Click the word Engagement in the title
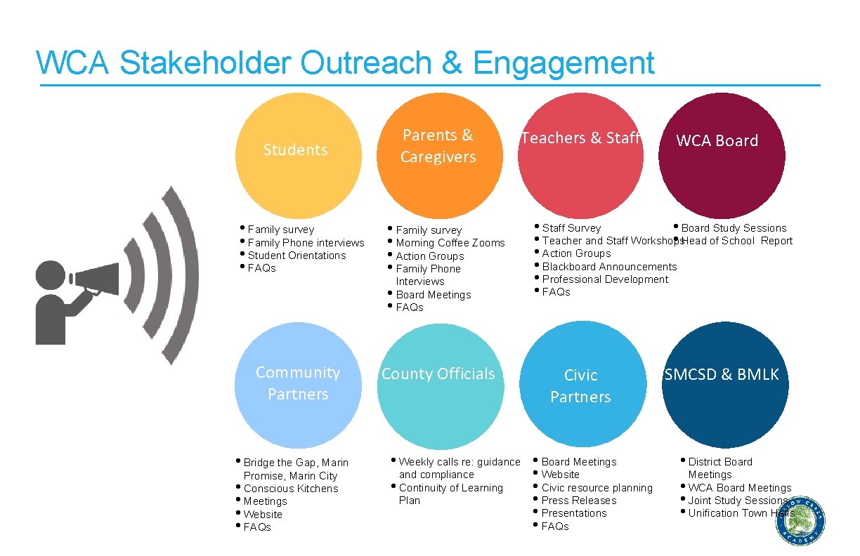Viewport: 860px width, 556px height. (x=564, y=63)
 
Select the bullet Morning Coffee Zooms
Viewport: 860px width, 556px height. (x=450, y=243)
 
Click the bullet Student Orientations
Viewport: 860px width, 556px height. (x=297, y=256)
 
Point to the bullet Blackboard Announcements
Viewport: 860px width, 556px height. (x=609, y=267)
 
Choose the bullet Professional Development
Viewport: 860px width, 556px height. (x=605, y=279)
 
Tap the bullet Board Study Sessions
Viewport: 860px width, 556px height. (x=734, y=228)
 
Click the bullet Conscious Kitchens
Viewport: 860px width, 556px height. (x=290, y=489)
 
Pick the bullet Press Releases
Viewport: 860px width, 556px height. (x=578, y=501)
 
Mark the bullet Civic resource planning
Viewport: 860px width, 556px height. (x=597, y=488)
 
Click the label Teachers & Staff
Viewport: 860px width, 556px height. (x=580, y=138)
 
